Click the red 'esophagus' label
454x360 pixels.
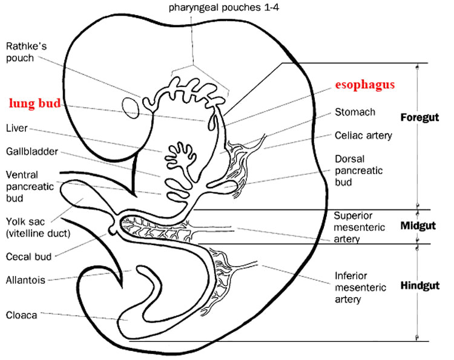(x=365, y=85)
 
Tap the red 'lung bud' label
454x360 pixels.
(x=35, y=103)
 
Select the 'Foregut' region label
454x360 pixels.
(x=419, y=117)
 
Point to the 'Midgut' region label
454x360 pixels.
(x=418, y=226)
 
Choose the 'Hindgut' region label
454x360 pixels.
(x=420, y=286)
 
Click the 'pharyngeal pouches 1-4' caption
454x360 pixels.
(x=224, y=7)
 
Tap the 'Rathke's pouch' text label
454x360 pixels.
(x=26, y=52)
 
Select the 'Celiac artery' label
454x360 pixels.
(x=363, y=136)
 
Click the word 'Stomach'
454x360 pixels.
(x=355, y=112)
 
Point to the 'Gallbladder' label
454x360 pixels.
(x=32, y=152)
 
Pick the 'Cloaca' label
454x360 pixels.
(x=21, y=315)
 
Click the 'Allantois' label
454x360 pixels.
(x=25, y=280)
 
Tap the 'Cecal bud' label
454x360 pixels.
(x=28, y=257)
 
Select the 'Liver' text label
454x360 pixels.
(x=17, y=128)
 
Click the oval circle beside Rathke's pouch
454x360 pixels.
(x=131, y=108)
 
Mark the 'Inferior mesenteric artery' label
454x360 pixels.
(x=360, y=287)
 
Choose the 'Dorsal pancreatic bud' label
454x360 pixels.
(x=359, y=171)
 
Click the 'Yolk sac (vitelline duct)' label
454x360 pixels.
(x=38, y=227)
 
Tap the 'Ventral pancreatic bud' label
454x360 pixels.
(x=30, y=187)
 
